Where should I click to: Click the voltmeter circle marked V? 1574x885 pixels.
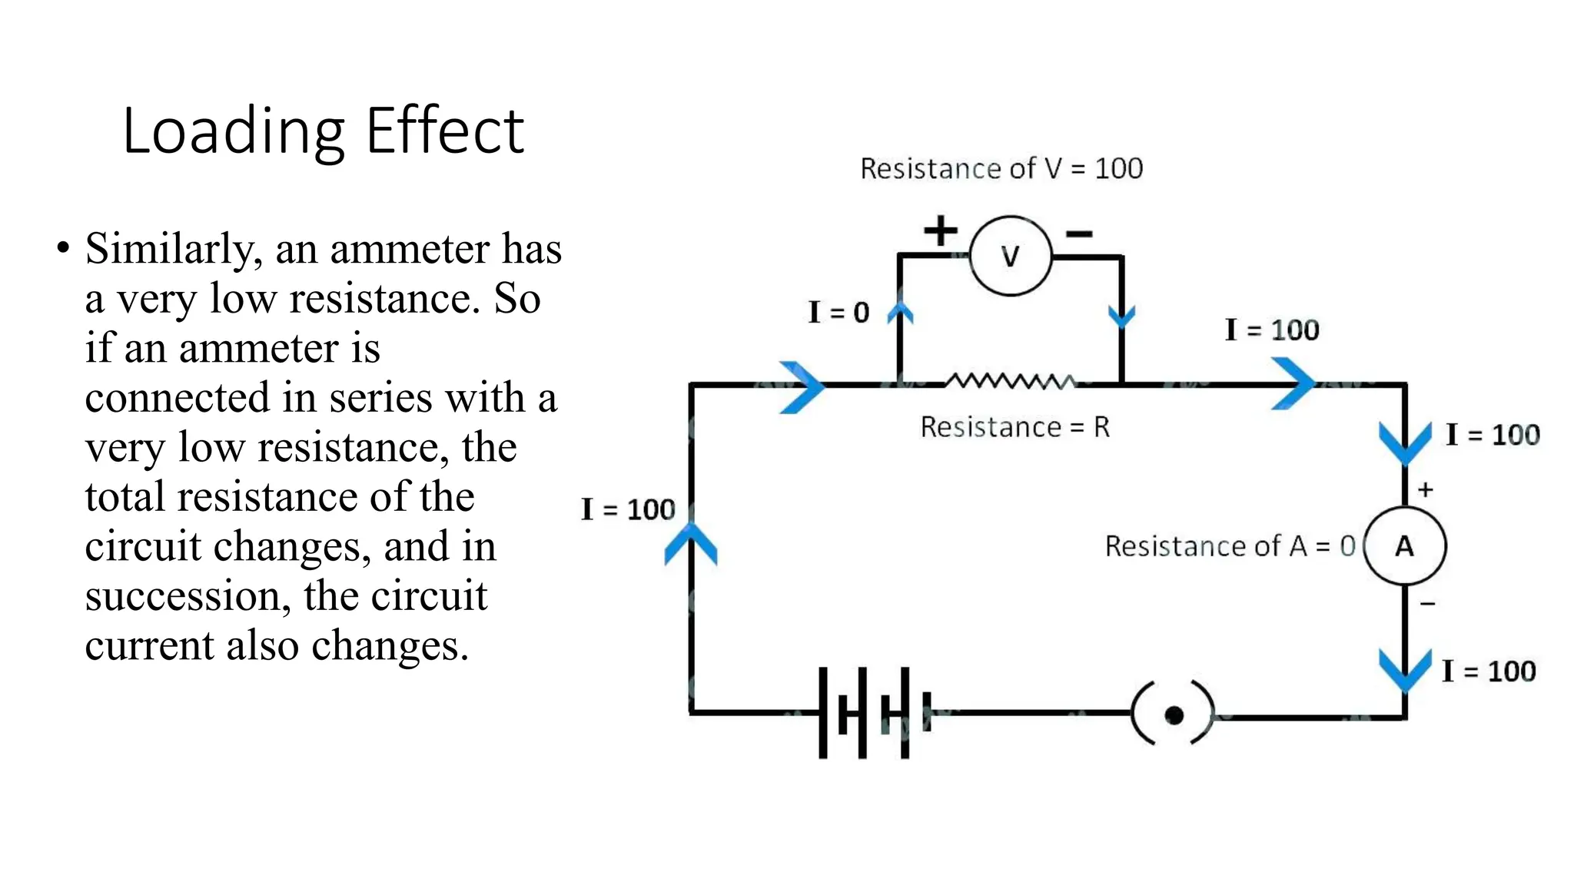point(1010,256)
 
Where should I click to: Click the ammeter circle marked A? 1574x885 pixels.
point(1404,546)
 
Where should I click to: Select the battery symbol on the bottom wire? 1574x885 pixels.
point(874,713)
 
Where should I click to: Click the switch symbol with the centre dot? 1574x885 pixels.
point(1173,714)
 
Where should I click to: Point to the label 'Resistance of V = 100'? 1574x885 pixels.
point(1001,168)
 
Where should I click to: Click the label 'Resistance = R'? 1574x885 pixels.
point(1014,427)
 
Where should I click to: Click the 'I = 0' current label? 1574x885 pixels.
point(838,312)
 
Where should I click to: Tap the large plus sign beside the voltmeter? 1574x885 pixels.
point(941,230)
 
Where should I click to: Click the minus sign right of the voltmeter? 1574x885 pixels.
point(1079,234)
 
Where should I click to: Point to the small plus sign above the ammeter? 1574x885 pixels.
point(1425,489)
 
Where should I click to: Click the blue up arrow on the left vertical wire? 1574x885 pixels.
point(690,544)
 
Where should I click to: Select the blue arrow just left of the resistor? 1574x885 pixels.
point(802,386)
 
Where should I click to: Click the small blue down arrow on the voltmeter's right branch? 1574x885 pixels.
point(1121,316)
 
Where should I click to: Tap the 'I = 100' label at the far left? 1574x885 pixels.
point(628,509)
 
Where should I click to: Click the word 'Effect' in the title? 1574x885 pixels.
point(444,131)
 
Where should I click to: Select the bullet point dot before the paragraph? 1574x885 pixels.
point(63,248)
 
